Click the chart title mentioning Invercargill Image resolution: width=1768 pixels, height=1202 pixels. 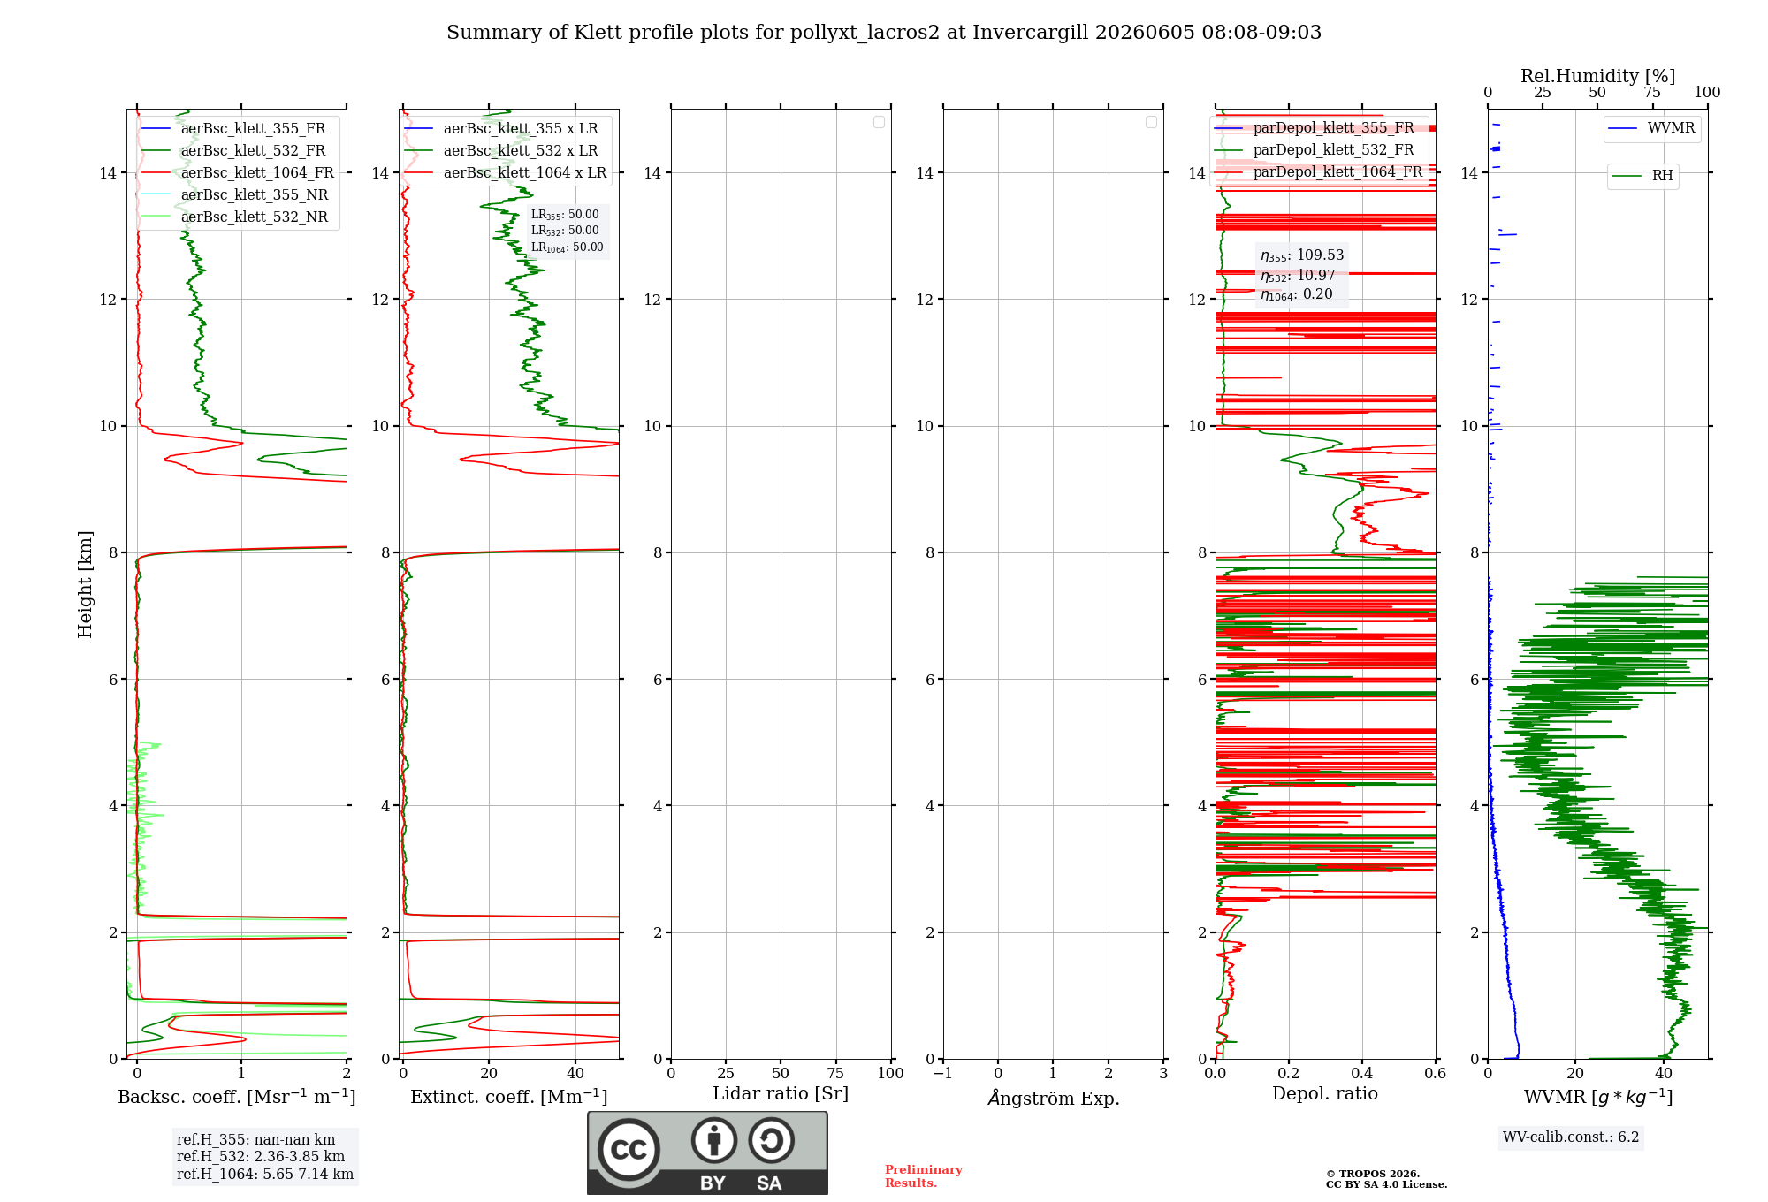(x=884, y=33)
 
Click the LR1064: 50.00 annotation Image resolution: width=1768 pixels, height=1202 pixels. (x=568, y=247)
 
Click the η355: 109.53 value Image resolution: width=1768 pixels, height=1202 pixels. (x=1302, y=255)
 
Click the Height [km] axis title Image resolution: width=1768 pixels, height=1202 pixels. (x=85, y=584)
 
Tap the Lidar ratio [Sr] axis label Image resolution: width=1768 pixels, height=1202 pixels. (x=781, y=1093)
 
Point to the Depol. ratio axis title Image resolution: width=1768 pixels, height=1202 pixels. (x=1325, y=1093)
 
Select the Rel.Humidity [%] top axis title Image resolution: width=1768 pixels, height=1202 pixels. (x=1598, y=76)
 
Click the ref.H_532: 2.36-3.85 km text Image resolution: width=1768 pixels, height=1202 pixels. (x=261, y=1156)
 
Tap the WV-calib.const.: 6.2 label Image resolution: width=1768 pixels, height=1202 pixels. (x=1571, y=1137)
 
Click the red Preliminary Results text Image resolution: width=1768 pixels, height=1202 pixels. (x=924, y=1176)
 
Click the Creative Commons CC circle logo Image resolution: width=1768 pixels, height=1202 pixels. (x=629, y=1150)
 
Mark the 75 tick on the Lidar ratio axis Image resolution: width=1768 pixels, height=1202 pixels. (x=835, y=1073)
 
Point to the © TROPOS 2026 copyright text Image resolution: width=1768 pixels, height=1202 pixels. (x=1373, y=1174)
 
